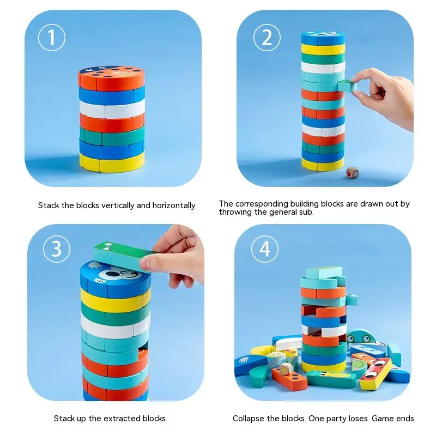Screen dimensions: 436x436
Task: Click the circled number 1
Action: pyautogui.click(x=52, y=38)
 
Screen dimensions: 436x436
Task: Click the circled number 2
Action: pyautogui.click(x=267, y=38)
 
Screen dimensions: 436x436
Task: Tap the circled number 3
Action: pyautogui.click(x=57, y=249)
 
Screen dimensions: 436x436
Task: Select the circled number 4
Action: pyautogui.click(x=265, y=249)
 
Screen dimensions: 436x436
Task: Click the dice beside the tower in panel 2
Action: pyautogui.click(x=353, y=173)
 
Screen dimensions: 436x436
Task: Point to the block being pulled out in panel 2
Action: pyautogui.click(x=347, y=86)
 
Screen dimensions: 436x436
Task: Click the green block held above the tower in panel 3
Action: pyautogui.click(x=122, y=255)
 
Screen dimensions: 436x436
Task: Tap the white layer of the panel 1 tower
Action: pyautogui.click(x=112, y=108)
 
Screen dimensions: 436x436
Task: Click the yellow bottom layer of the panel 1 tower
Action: pyautogui.click(x=112, y=162)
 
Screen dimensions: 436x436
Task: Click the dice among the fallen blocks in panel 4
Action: pyautogui.click(x=286, y=370)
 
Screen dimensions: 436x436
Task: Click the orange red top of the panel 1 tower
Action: pyautogui.click(x=111, y=78)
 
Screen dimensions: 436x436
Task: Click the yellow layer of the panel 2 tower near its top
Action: pyautogui.click(x=323, y=49)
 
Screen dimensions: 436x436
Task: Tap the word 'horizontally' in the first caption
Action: pyautogui.click(x=174, y=205)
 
